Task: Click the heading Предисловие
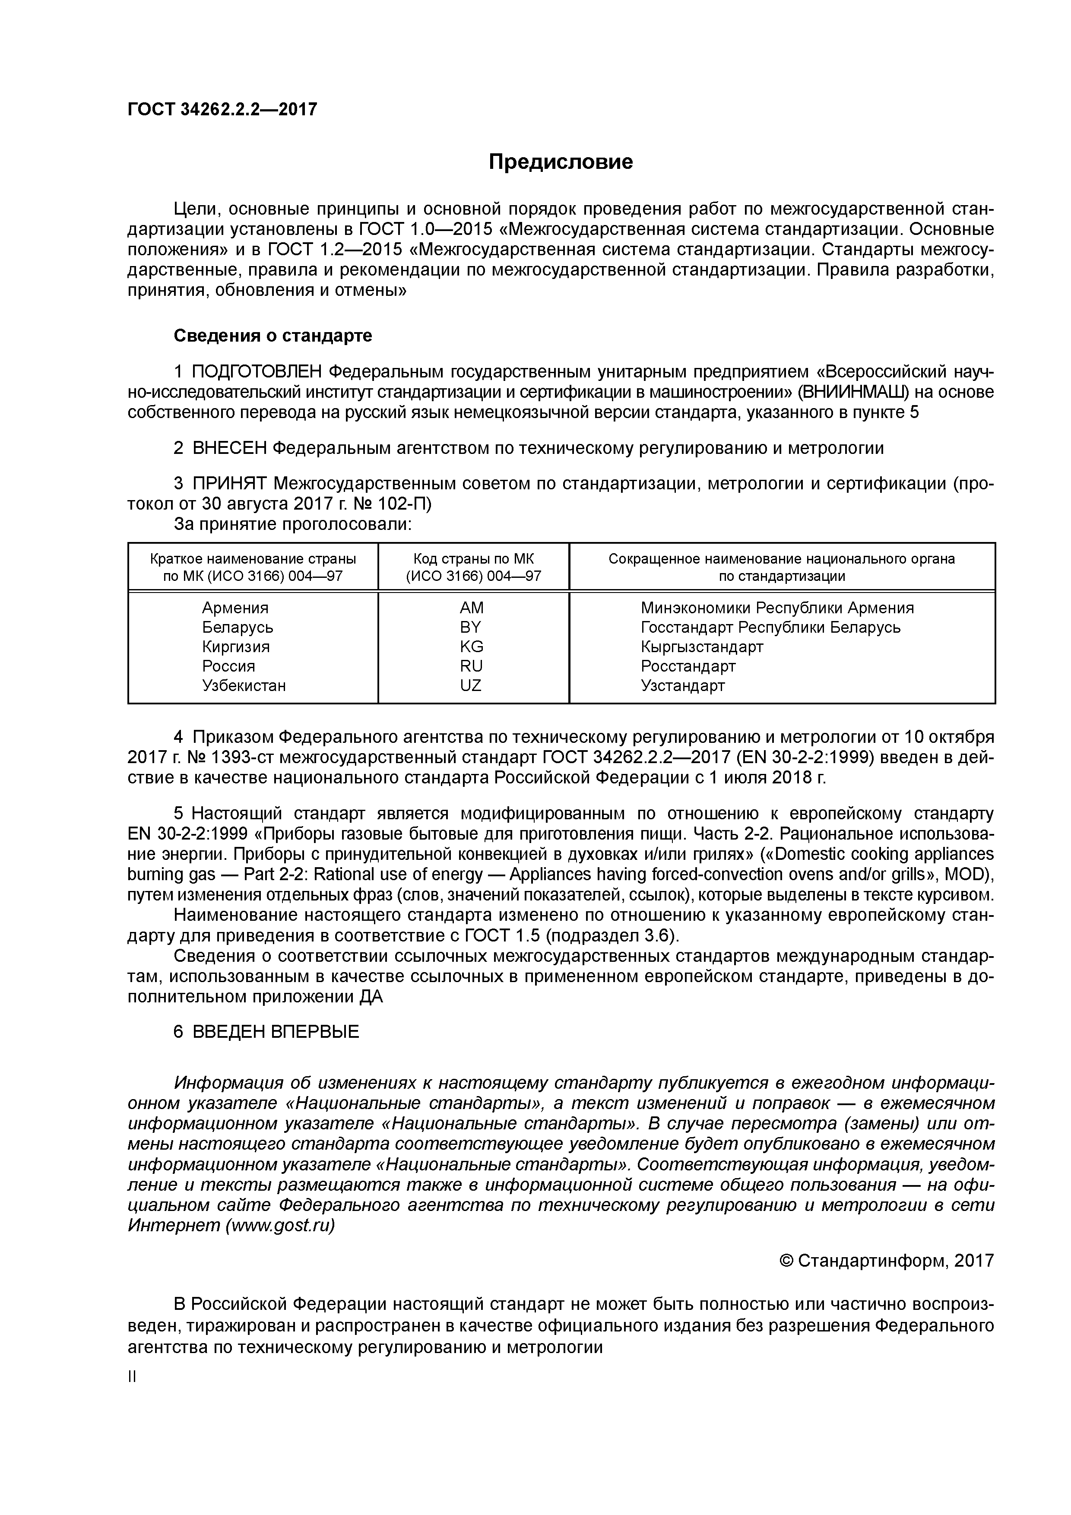coord(560,162)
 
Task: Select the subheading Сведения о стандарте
coord(273,336)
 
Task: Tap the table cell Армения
coord(235,608)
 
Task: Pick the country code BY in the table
coord(471,627)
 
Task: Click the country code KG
coord(471,646)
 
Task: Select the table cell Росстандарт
coord(688,666)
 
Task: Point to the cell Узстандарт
coord(682,685)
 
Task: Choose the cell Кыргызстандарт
coord(701,646)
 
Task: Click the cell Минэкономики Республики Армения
coord(776,608)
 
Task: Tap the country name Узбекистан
coord(244,685)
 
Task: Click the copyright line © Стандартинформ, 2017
coord(886,1261)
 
